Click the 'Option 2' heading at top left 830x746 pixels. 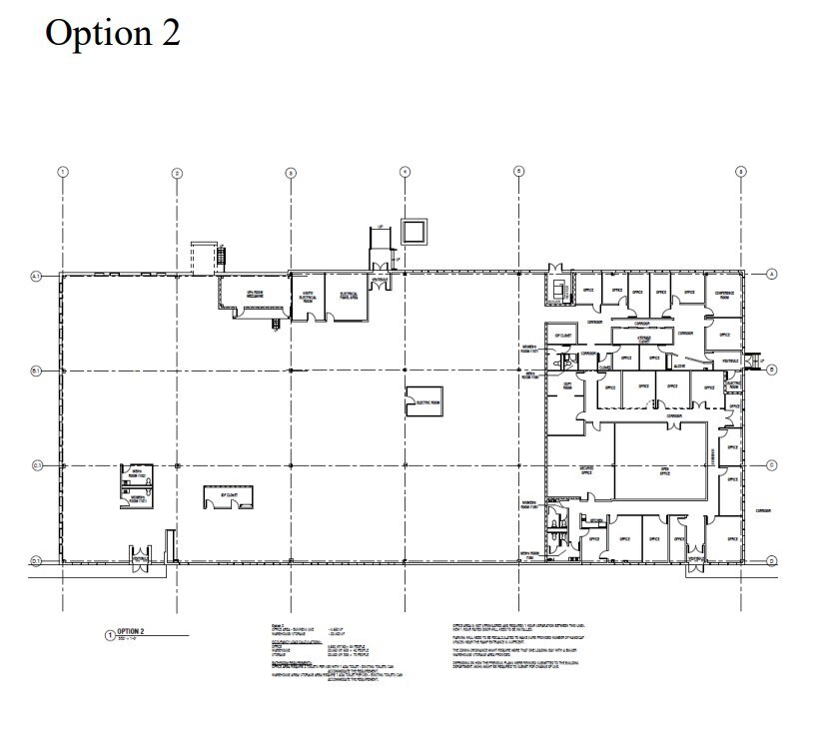click(112, 32)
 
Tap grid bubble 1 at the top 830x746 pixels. click(63, 172)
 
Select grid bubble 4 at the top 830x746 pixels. click(405, 172)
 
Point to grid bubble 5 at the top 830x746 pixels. click(518, 172)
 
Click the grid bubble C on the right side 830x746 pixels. click(772, 465)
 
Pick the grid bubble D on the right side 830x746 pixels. click(772, 561)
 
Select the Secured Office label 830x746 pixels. click(585, 470)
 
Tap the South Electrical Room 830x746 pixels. click(310, 296)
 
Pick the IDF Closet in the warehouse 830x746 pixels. click(228, 496)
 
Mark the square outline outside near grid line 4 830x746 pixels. click(413, 232)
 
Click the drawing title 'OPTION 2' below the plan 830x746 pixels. click(133, 631)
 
